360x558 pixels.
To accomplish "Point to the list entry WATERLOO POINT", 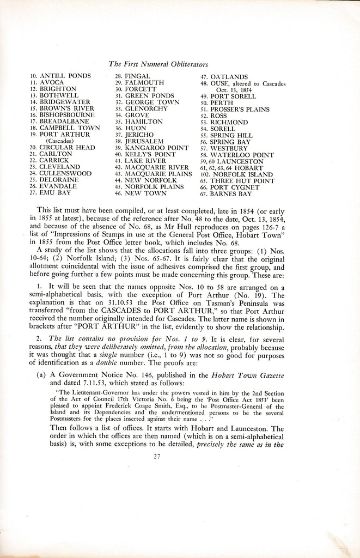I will click(245, 155).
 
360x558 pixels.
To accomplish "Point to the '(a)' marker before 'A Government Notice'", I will click(41, 376).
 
